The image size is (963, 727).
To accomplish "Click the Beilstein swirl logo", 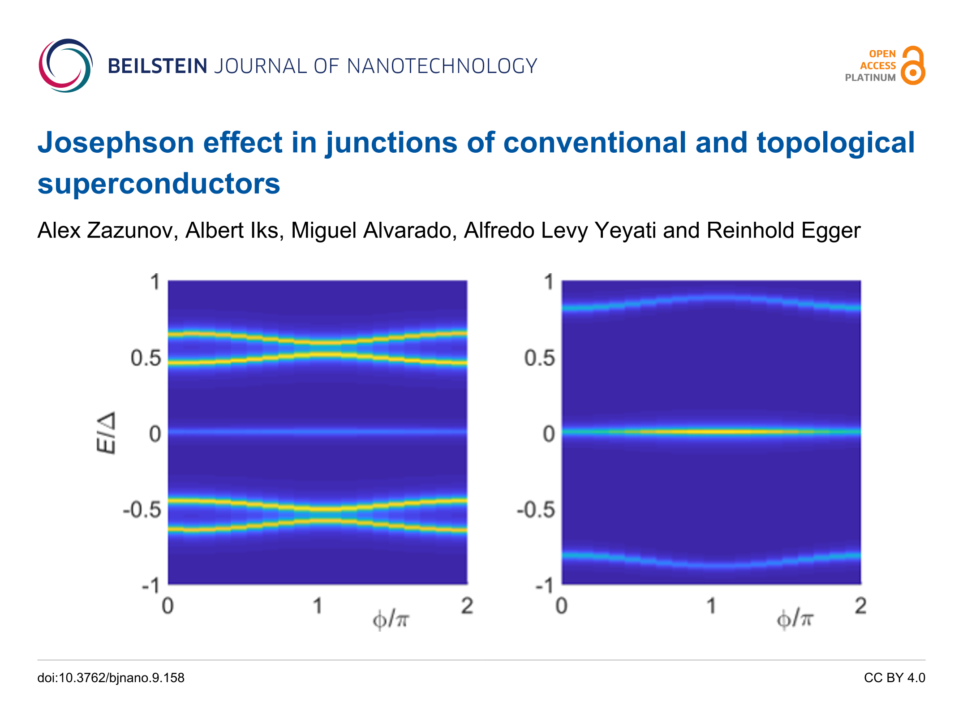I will tap(65, 65).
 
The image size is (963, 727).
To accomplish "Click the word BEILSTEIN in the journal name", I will tap(157, 66).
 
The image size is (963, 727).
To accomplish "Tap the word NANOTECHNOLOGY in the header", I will tap(442, 66).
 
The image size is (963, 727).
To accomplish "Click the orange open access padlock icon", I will tap(913, 65).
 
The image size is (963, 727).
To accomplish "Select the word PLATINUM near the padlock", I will tap(870, 77).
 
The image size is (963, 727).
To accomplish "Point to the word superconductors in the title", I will tap(159, 184).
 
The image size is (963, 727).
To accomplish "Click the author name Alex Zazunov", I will tap(105, 231).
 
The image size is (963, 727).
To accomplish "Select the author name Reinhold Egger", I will tap(783, 231).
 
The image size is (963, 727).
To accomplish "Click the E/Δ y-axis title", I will tap(107, 433).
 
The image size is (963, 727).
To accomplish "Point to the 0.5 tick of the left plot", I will tap(146, 358).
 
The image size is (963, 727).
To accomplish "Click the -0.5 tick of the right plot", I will tap(536, 510).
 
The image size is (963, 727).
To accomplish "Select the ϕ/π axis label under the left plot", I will tap(391, 619).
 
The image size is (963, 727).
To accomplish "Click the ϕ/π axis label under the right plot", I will tap(794, 619).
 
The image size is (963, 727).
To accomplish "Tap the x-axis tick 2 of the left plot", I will tap(467, 606).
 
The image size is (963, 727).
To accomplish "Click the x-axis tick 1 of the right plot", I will tap(711, 606).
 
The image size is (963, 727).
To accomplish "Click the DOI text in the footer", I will tap(111, 678).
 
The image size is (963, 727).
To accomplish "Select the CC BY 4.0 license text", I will tap(894, 678).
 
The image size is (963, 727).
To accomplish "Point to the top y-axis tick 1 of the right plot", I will tap(549, 282).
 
